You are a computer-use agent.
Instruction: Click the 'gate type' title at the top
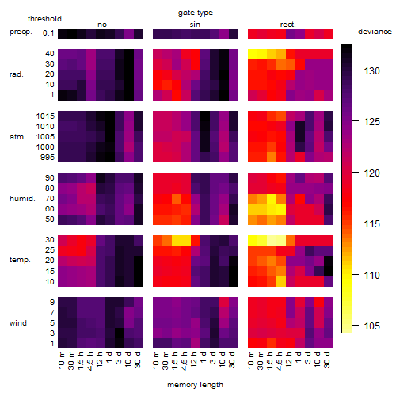[196, 13]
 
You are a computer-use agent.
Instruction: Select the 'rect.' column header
[288, 25]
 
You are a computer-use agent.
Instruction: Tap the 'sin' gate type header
[195, 25]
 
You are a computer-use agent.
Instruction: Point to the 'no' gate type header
[102, 25]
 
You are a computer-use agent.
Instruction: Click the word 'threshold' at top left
[44, 19]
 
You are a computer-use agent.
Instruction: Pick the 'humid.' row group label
[22, 199]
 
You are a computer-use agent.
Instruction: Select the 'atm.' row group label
[17, 137]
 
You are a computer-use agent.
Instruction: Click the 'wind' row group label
[18, 323]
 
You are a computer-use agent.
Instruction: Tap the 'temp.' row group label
[20, 260]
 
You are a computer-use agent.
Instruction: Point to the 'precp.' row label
[21, 32]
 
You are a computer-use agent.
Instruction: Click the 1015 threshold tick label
[45, 116]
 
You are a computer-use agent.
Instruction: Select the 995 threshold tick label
[48, 158]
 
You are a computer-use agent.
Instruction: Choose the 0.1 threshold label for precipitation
[48, 33]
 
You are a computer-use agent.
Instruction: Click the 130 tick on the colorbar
[372, 70]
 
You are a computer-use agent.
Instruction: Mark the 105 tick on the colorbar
[372, 326]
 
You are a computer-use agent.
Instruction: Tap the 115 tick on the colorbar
[372, 224]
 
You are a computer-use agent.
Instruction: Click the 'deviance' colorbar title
[375, 32]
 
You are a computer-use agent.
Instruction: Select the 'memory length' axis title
[196, 385]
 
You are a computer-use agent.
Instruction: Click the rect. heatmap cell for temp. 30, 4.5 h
[281, 240]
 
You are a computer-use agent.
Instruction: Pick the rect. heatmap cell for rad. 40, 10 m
[253, 55]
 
